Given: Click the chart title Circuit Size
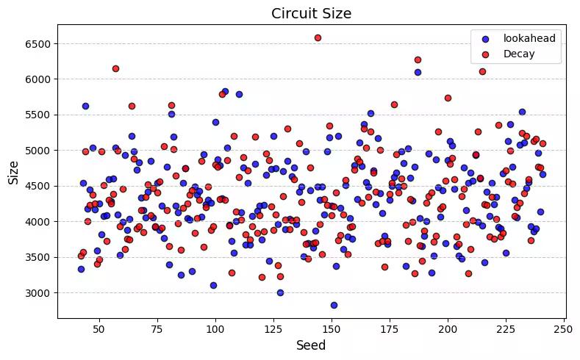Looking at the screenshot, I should pyautogui.click(x=311, y=13).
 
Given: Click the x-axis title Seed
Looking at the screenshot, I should pyautogui.click(x=311, y=345).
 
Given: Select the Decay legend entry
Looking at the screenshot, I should pyautogui.click(x=518, y=54).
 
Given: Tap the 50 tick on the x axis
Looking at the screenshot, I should pyautogui.click(x=99, y=327).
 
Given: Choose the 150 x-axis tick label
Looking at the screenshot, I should pyautogui.click(x=332, y=327).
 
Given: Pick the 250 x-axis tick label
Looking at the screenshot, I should pyautogui.click(x=564, y=327).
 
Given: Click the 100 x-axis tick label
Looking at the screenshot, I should pyautogui.click(x=215, y=327).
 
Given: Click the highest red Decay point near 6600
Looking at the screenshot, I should pyautogui.click(x=318, y=37).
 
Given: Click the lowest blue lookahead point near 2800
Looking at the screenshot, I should pyautogui.click(x=334, y=305).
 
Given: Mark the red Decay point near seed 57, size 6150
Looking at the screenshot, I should pyautogui.click(x=115, y=68).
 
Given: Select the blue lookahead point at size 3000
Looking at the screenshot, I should pyautogui.click(x=280, y=292).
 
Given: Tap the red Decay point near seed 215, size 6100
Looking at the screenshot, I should pyautogui.click(x=482, y=71).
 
